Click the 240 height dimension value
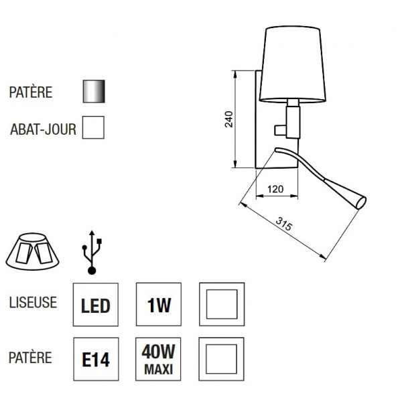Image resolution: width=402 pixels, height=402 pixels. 228,119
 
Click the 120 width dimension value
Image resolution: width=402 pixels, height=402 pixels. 275,190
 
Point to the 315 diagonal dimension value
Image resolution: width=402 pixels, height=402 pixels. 284,225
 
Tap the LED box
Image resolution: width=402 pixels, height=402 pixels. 95,306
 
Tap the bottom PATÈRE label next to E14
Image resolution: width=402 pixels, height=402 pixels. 31,358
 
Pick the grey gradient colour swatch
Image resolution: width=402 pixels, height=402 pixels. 94,92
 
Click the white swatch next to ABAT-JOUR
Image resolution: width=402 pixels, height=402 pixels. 92,127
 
